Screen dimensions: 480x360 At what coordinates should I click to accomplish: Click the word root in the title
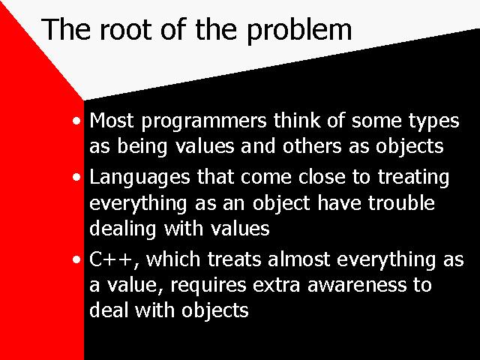(126, 29)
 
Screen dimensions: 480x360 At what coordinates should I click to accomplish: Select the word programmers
(204, 121)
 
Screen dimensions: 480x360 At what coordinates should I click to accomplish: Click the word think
(297, 120)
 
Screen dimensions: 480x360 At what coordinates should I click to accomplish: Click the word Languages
(139, 178)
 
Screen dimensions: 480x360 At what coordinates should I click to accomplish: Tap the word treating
(413, 178)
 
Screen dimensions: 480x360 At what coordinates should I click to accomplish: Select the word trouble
(401, 202)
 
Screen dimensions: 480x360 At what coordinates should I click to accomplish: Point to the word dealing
(122, 229)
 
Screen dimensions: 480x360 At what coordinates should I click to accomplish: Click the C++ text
(112, 260)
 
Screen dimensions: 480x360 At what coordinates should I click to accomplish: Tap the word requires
(208, 286)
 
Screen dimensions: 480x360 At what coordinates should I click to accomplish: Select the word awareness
(357, 285)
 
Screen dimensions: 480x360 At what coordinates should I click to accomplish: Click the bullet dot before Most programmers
(76, 121)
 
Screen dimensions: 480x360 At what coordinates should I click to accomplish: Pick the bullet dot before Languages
(76, 177)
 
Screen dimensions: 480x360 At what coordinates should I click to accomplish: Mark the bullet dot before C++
(76, 260)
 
